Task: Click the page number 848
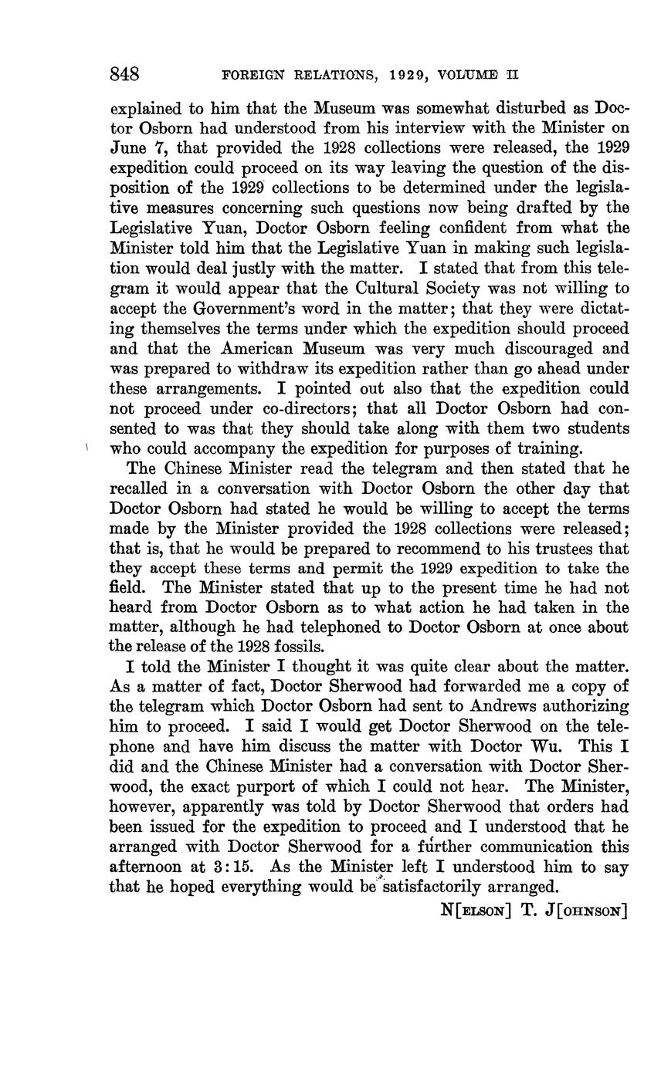point(124,74)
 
